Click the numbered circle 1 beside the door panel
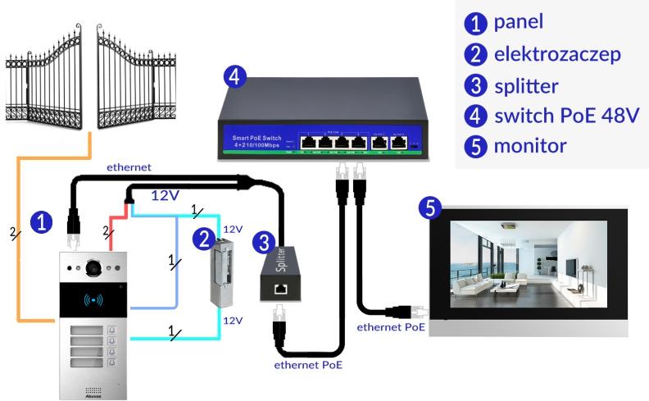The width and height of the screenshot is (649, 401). (x=39, y=220)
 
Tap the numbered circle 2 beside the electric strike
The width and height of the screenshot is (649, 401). (x=202, y=239)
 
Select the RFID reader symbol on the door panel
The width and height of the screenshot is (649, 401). (x=93, y=299)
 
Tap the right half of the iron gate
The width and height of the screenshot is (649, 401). (x=136, y=83)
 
